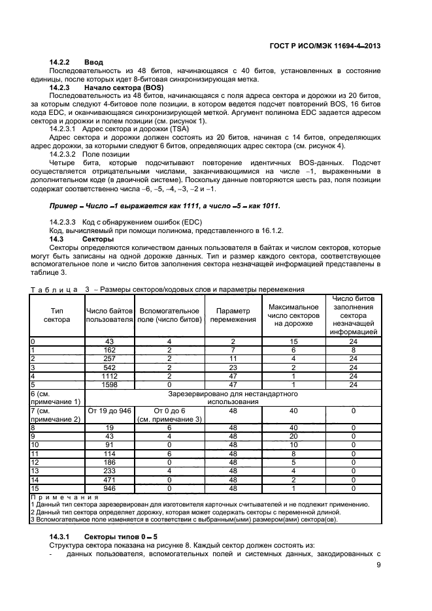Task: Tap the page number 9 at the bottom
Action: click(378, 566)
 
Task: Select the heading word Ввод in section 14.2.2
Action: click(94, 62)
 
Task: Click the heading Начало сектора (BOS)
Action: click(124, 87)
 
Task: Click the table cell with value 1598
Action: click(109, 385)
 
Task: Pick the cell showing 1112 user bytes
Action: click(109, 377)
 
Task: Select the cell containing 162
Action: click(109, 349)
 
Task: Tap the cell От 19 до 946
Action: click(109, 410)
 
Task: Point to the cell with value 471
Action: click(109, 478)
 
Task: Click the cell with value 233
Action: click(109, 469)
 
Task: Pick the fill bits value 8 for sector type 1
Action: click(353, 349)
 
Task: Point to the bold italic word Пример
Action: click(63, 206)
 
